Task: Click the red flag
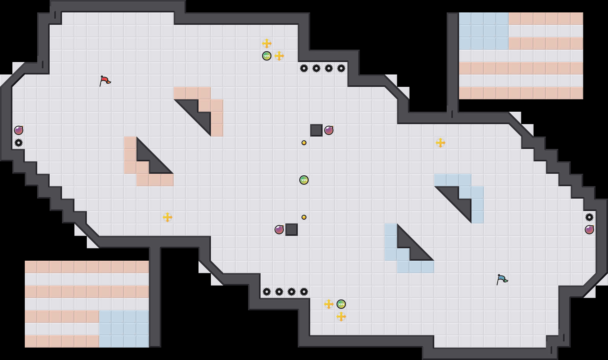point(105,81)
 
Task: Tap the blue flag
point(502,279)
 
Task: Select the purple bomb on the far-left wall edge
point(19,130)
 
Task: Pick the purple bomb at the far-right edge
point(589,230)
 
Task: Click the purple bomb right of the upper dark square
point(329,130)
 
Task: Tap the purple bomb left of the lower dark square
point(279,230)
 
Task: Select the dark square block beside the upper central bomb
point(316,130)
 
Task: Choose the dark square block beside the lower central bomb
point(292,230)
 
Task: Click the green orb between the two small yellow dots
point(304,180)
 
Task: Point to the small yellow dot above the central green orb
point(304,143)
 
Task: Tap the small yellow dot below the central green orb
point(304,217)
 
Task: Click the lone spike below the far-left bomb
point(19,143)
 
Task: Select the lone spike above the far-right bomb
point(589,217)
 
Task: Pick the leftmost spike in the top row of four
point(304,68)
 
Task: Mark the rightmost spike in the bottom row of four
point(304,292)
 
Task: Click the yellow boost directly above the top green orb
point(267,43)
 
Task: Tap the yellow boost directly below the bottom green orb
point(341,317)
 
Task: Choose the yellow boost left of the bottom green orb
point(329,304)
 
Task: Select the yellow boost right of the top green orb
point(279,56)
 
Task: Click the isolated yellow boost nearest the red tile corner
point(168,217)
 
